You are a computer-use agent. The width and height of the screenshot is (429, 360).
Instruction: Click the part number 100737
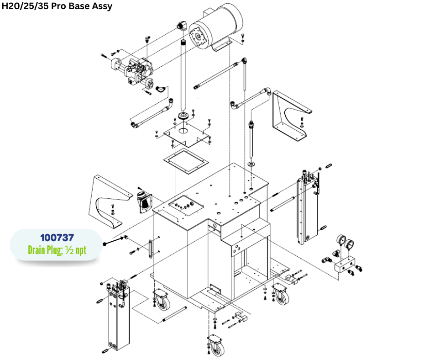[x=57, y=238]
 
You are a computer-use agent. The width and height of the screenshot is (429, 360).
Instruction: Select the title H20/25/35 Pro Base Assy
[x=57, y=6]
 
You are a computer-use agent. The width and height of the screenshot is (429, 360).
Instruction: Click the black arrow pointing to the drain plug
[x=114, y=241]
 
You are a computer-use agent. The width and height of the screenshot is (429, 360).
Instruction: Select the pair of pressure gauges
[x=345, y=241]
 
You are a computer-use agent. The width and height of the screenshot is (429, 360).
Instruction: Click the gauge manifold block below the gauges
[x=345, y=265]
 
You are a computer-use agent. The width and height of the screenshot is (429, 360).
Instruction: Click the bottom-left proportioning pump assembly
[x=118, y=315]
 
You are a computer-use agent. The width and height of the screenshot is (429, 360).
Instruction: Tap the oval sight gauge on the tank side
[x=150, y=249]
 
